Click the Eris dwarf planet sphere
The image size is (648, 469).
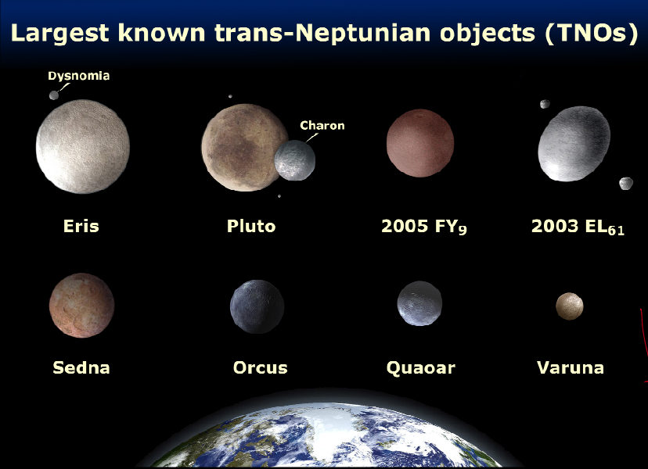click(83, 147)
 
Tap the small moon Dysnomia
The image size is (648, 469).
click(54, 95)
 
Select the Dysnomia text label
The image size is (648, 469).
click(78, 76)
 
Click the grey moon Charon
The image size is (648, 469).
click(295, 160)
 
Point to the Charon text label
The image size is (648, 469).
click(322, 126)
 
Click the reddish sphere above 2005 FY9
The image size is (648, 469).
click(420, 143)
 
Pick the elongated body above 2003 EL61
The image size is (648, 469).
click(574, 144)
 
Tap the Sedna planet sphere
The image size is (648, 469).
click(82, 306)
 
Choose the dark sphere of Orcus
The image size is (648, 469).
click(257, 306)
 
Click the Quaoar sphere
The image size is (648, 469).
click(419, 303)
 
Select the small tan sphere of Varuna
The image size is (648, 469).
click(570, 306)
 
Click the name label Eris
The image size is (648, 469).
click(81, 226)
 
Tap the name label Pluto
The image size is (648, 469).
click(251, 226)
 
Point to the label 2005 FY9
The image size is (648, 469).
click(424, 227)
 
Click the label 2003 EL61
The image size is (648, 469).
click(578, 227)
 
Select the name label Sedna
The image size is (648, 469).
click(81, 367)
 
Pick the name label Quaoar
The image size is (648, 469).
click(421, 368)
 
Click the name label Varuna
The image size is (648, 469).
click(571, 367)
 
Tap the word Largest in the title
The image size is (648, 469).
click(60, 33)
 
